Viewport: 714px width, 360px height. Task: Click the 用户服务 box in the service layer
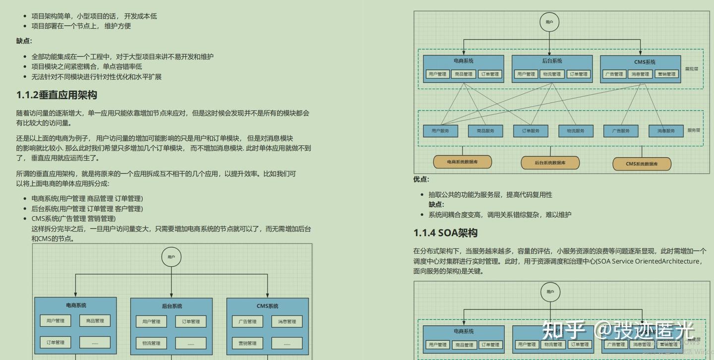[x=440, y=131]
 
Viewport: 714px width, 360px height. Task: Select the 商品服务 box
[x=485, y=131]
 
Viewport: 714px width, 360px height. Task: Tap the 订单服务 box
[x=531, y=131]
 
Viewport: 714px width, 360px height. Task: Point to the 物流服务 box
[x=576, y=131]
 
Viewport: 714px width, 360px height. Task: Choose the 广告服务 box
[x=620, y=131]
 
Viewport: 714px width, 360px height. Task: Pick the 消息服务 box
[x=666, y=131]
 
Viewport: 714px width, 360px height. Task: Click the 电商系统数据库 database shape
[x=462, y=162]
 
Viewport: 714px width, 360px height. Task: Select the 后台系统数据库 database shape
[x=550, y=163]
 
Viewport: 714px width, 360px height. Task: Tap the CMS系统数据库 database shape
[x=642, y=164]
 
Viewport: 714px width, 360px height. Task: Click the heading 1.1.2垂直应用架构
[x=57, y=95]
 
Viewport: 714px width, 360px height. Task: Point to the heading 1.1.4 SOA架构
[x=445, y=233]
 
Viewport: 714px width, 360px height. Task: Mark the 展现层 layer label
[x=692, y=69]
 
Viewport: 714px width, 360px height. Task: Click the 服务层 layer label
[x=694, y=130]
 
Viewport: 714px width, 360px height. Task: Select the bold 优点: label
[x=421, y=180]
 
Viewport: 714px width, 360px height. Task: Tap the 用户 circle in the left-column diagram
[x=171, y=257]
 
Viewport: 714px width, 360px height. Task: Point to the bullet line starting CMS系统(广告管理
[x=73, y=219]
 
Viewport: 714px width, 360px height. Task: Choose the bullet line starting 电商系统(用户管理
[x=87, y=198]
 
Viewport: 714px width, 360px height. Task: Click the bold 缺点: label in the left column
[x=24, y=41]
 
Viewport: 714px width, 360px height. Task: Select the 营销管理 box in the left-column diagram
[x=247, y=343]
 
